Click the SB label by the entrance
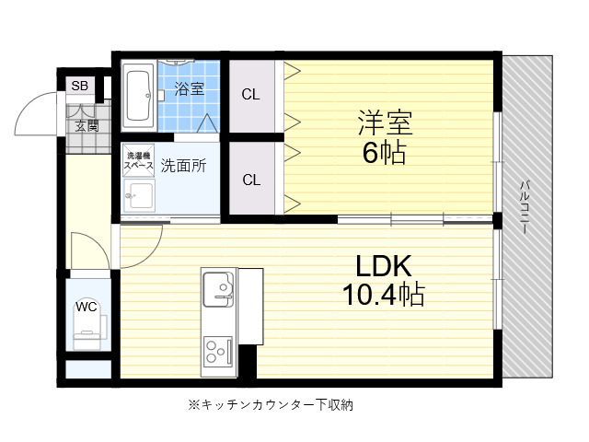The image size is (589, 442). click(80, 86)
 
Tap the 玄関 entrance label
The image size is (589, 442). click(87, 126)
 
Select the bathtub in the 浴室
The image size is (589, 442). click(139, 95)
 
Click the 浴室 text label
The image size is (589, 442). click(190, 88)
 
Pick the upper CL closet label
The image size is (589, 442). click(250, 94)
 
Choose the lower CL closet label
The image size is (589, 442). click(251, 180)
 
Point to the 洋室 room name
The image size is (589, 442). click(386, 122)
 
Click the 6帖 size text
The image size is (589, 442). click(385, 152)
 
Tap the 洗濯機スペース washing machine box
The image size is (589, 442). click(139, 160)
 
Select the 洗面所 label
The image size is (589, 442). click(184, 166)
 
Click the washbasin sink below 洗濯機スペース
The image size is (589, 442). click(139, 195)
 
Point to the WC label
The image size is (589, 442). click(87, 307)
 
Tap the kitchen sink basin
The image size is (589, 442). click(218, 288)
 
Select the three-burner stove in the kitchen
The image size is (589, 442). click(218, 352)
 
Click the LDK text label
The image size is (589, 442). click(384, 266)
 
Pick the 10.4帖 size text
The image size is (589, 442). click(384, 295)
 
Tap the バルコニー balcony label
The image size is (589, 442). click(525, 207)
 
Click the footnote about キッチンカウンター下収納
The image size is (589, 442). click(271, 405)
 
